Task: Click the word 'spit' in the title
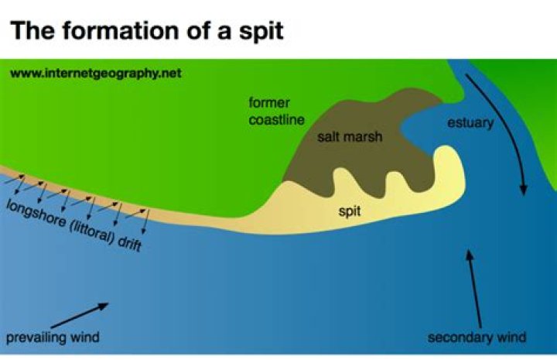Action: pyautogui.click(x=261, y=31)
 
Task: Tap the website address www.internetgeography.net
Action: pyautogui.click(x=96, y=74)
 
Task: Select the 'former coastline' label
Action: pyautogui.click(x=276, y=111)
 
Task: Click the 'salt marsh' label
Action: pyautogui.click(x=350, y=136)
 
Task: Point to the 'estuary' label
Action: pyautogui.click(x=470, y=123)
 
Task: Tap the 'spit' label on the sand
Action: pyautogui.click(x=350, y=211)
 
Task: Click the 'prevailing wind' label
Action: pyautogui.click(x=53, y=338)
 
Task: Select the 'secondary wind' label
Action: pyautogui.click(x=477, y=338)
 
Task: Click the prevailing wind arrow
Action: pyautogui.click(x=80, y=315)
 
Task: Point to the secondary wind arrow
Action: pyautogui.click(x=475, y=289)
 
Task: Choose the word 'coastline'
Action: pyautogui.click(x=276, y=120)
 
